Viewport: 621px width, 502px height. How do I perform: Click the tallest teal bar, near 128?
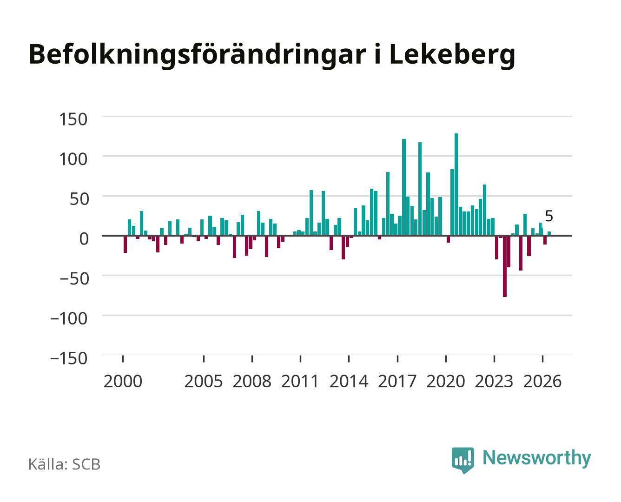[x=456, y=184]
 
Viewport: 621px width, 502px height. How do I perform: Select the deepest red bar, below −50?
[x=505, y=266]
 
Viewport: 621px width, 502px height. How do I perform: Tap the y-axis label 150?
[x=73, y=119]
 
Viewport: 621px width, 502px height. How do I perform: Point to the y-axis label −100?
[x=69, y=318]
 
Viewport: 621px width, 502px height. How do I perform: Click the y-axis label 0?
[x=84, y=239]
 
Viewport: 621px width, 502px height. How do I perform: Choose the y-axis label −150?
[x=69, y=358]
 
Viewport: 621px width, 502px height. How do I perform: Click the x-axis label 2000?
[x=123, y=381]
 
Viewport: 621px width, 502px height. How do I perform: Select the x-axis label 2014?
[x=349, y=381]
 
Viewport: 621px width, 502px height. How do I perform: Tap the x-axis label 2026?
[x=542, y=381]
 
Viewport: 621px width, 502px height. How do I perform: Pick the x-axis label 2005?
[x=204, y=381]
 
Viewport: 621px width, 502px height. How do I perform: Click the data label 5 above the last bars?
[x=548, y=216]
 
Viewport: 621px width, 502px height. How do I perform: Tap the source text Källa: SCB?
[x=65, y=464]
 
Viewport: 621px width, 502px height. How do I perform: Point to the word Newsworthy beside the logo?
[x=537, y=458]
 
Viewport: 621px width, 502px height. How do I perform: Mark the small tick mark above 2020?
[x=446, y=359]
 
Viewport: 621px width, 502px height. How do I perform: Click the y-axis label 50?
[x=79, y=199]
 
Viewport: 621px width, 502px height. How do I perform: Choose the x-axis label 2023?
[x=494, y=381]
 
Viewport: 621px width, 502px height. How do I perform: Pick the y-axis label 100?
[x=73, y=159]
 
